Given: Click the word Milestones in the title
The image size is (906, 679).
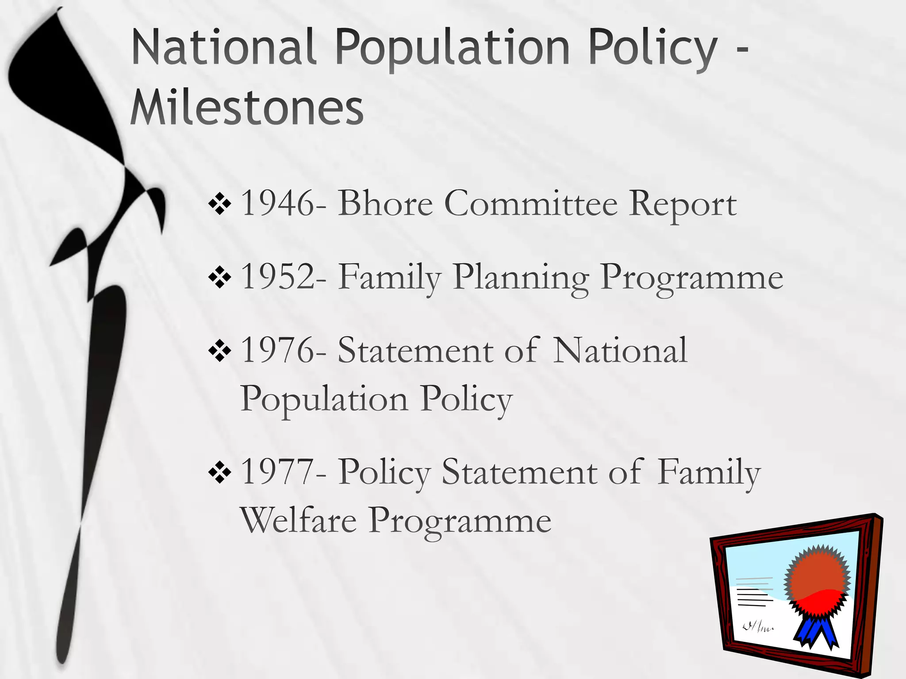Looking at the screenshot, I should [x=247, y=108].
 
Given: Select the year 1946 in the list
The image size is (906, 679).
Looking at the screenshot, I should [x=277, y=203].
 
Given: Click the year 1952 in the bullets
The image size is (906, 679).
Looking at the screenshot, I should [x=277, y=277].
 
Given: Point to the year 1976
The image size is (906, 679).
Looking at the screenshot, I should [x=277, y=350].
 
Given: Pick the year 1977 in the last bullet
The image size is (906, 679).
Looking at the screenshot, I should [x=277, y=472].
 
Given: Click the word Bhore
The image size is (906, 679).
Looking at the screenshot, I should [x=385, y=203].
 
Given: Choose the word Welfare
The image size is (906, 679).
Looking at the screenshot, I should [x=298, y=521].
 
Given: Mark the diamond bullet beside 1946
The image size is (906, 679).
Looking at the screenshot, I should [x=220, y=204].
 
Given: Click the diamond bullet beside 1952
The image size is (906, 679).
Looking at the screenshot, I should [x=220, y=278].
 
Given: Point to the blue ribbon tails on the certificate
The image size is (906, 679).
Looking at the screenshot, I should [x=816, y=632].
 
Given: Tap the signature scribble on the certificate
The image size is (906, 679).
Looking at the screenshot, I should [x=757, y=626].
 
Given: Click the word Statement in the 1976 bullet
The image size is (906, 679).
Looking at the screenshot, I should [x=415, y=350].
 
